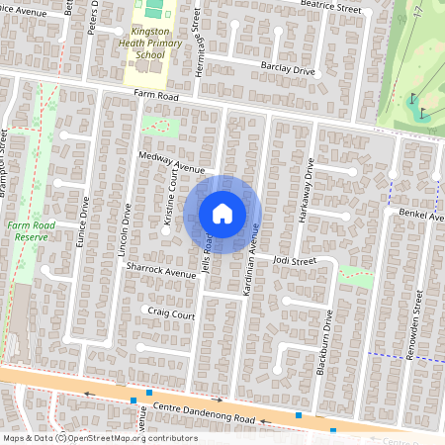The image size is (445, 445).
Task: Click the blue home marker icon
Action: [x=222, y=214]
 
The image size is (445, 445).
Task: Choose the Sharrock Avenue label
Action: [x=167, y=272]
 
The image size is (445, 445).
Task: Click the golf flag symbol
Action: [x=414, y=98]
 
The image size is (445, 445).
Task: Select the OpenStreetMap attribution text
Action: [x=100, y=438]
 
